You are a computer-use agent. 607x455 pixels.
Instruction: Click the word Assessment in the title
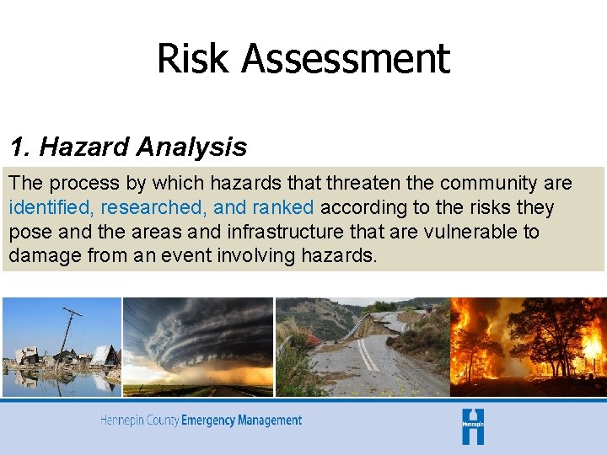(x=346, y=59)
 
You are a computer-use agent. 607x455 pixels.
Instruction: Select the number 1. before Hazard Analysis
(x=21, y=147)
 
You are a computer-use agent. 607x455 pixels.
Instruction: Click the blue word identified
(x=51, y=207)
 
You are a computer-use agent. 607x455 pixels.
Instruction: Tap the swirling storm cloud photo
(x=198, y=345)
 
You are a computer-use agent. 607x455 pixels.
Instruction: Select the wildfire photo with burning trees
(x=529, y=346)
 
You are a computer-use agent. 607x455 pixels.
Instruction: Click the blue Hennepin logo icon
(x=473, y=426)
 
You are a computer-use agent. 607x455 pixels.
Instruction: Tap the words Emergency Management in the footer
(x=241, y=420)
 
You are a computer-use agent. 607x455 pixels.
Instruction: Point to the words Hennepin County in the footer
(x=139, y=420)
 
